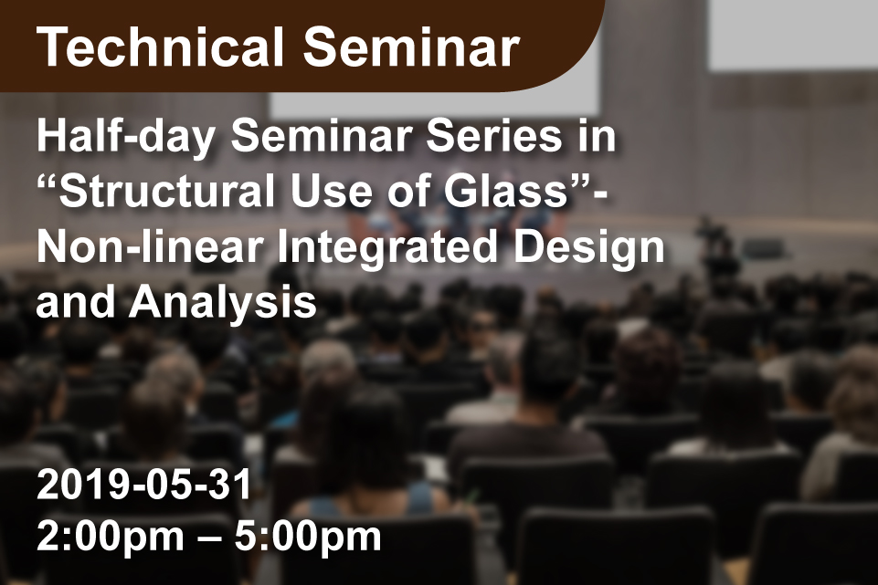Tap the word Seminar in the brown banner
click(x=411, y=47)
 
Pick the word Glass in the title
click(x=507, y=191)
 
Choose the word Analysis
click(x=223, y=304)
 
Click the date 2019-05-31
click(x=144, y=485)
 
